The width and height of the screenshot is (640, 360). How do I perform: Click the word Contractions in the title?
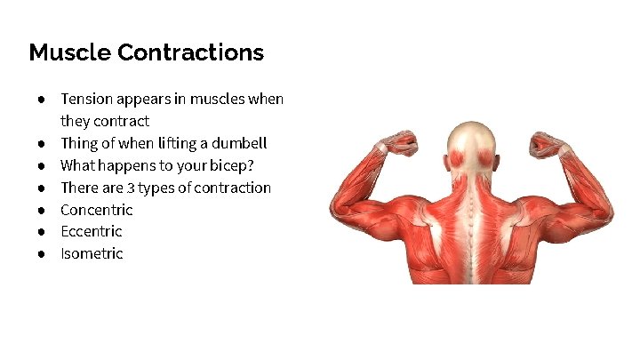(x=190, y=52)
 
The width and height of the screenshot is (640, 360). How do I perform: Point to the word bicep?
(x=230, y=165)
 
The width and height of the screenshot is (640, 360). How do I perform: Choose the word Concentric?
(x=96, y=210)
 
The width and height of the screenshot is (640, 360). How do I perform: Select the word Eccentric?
(x=91, y=231)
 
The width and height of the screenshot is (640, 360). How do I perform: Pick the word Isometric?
(x=92, y=253)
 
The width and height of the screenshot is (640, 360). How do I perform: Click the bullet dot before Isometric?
(x=42, y=253)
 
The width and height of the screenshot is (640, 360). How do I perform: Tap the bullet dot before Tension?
(x=42, y=99)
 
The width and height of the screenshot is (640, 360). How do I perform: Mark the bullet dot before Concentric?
(x=42, y=210)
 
